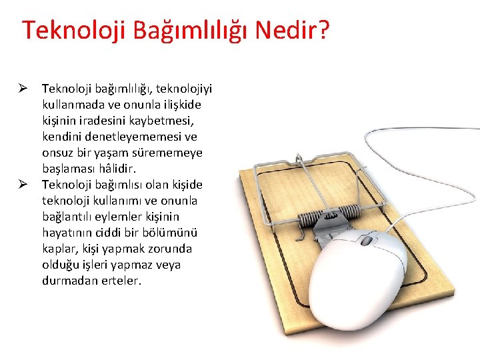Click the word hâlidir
click(118, 169)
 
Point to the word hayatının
click(67, 233)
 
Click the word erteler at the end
click(120, 281)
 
